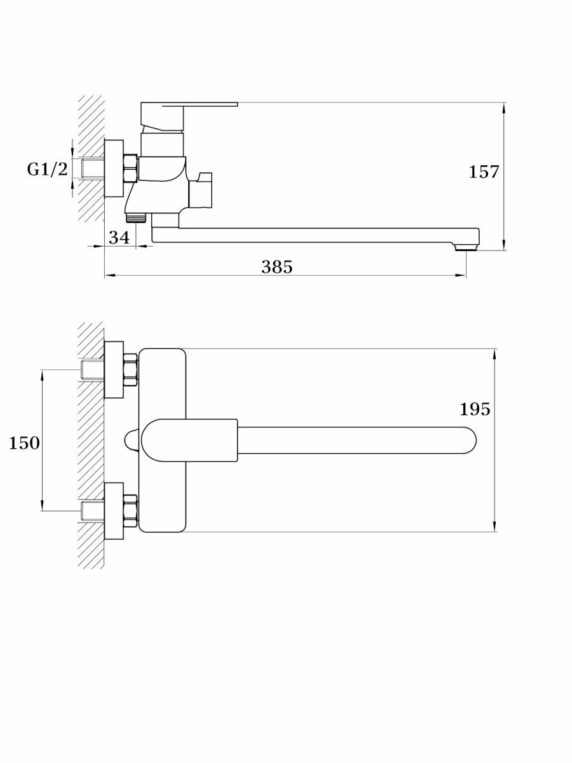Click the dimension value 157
point(484,172)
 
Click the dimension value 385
point(277,267)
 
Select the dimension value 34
point(119,238)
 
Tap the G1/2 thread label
point(47,169)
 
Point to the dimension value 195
point(475,409)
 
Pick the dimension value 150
point(24,443)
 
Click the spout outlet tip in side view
point(467,245)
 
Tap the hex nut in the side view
point(131,168)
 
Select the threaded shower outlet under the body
point(137,217)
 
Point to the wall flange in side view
point(114,168)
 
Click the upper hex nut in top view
point(131,369)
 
